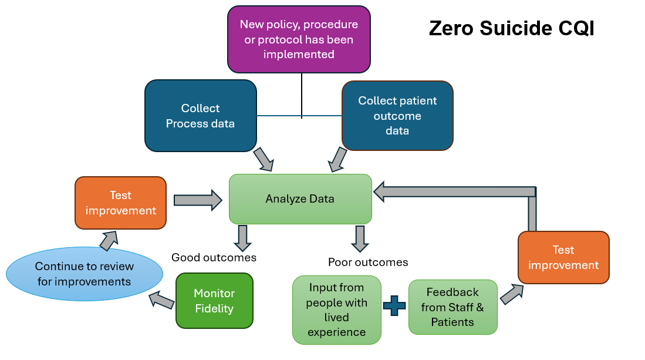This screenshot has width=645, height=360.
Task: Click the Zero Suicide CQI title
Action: [x=511, y=28]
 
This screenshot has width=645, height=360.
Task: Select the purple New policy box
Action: [x=299, y=39]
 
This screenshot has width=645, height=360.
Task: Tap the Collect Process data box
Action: [x=200, y=116]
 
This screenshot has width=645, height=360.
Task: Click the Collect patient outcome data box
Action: [x=397, y=116]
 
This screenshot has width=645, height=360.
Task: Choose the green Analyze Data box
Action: [x=300, y=198]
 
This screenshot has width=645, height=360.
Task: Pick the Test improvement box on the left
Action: [x=120, y=203]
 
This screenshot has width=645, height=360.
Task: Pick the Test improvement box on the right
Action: [x=563, y=257]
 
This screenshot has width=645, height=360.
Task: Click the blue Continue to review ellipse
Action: [x=84, y=274]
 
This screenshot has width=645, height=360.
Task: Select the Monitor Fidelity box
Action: [x=214, y=301]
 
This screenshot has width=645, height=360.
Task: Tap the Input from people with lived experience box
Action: [x=336, y=309]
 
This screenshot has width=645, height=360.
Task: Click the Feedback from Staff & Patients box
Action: [x=452, y=307]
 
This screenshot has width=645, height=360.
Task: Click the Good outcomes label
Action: [x=214, y=257]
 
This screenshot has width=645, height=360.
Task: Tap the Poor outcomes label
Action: [x=368, y=262]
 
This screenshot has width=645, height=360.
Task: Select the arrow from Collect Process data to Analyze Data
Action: [x=263, y=159]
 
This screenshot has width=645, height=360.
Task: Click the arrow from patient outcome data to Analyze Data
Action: [x=337, y=159]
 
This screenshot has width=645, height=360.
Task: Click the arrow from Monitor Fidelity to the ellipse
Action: [x=162, y=300]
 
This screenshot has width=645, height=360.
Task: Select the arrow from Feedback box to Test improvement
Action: [x=511, y=293]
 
